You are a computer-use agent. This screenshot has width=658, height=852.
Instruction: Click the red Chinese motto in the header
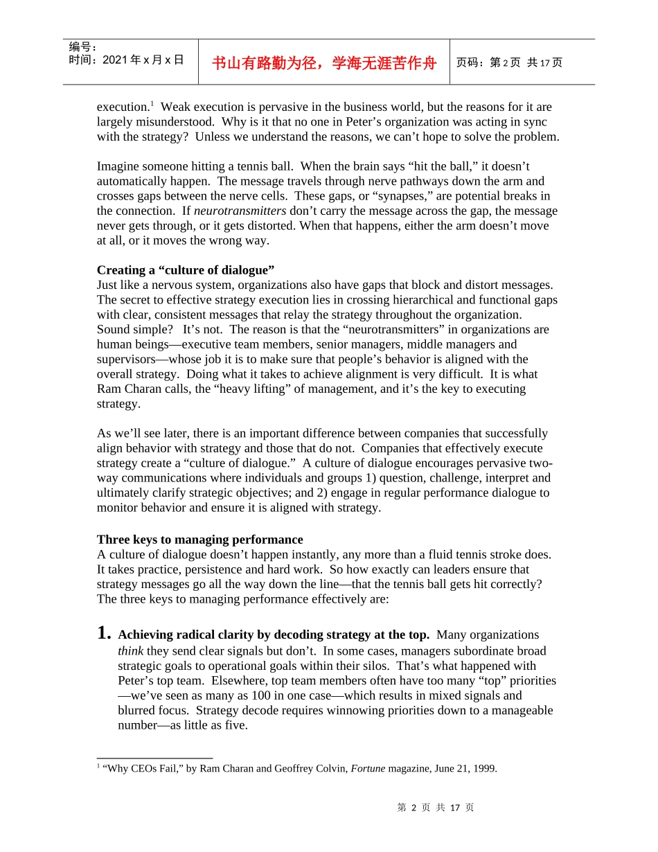323,63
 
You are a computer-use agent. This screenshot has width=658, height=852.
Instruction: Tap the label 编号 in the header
82,47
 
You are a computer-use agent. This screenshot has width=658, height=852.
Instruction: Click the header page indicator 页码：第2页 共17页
509,62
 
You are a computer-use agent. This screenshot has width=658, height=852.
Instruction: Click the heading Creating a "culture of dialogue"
186,269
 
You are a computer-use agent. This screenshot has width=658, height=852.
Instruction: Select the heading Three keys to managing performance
199,540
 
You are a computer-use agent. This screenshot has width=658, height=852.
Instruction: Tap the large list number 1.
104,633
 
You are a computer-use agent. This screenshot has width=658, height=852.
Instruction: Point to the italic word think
130,651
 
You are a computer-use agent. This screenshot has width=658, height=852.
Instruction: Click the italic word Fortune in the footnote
368,768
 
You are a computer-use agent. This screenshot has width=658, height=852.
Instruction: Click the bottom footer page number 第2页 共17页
436,808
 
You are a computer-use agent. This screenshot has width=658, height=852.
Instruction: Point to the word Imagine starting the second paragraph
119,166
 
